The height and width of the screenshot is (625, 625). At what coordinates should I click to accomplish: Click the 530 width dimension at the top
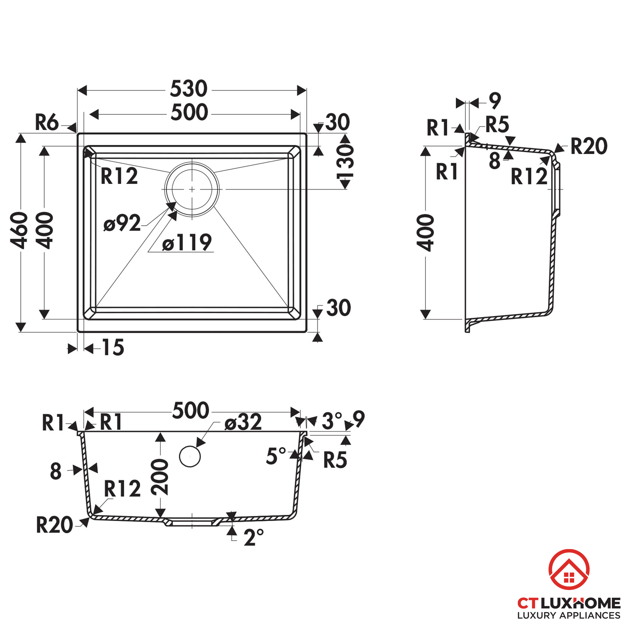tap(189, 89)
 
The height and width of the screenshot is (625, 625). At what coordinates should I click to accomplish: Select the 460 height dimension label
tap(19, 230)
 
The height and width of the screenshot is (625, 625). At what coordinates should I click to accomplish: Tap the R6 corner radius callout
tap(47, 122)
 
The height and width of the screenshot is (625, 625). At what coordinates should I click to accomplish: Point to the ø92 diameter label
tap(122, 223)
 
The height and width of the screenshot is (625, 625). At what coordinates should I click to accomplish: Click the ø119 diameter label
tap(187, 242)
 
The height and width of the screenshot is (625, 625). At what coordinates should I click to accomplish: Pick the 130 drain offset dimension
tap(346, 162)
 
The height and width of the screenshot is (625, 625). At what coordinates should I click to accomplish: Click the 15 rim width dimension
tap(113, 348)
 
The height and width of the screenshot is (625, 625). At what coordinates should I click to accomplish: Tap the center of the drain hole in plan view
tap(192, 190)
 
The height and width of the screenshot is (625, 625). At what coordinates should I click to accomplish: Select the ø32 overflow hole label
tap(243, 422)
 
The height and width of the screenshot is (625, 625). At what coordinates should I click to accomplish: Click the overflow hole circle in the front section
tap(190, 456)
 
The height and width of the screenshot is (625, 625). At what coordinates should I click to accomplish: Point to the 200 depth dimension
tap(160, 477)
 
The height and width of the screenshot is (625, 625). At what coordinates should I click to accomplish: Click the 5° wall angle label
tap(276, 456)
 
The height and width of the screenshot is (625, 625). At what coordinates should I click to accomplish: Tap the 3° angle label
tap(332, 421)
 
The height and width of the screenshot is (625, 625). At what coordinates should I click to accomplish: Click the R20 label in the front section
tap(54, 525)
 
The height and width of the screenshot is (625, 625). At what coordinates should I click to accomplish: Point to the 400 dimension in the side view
tap(425, 232)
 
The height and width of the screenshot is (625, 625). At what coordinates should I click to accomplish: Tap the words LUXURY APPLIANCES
tap(569, 615)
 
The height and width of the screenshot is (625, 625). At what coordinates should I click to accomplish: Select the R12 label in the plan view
tap(119, 176)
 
